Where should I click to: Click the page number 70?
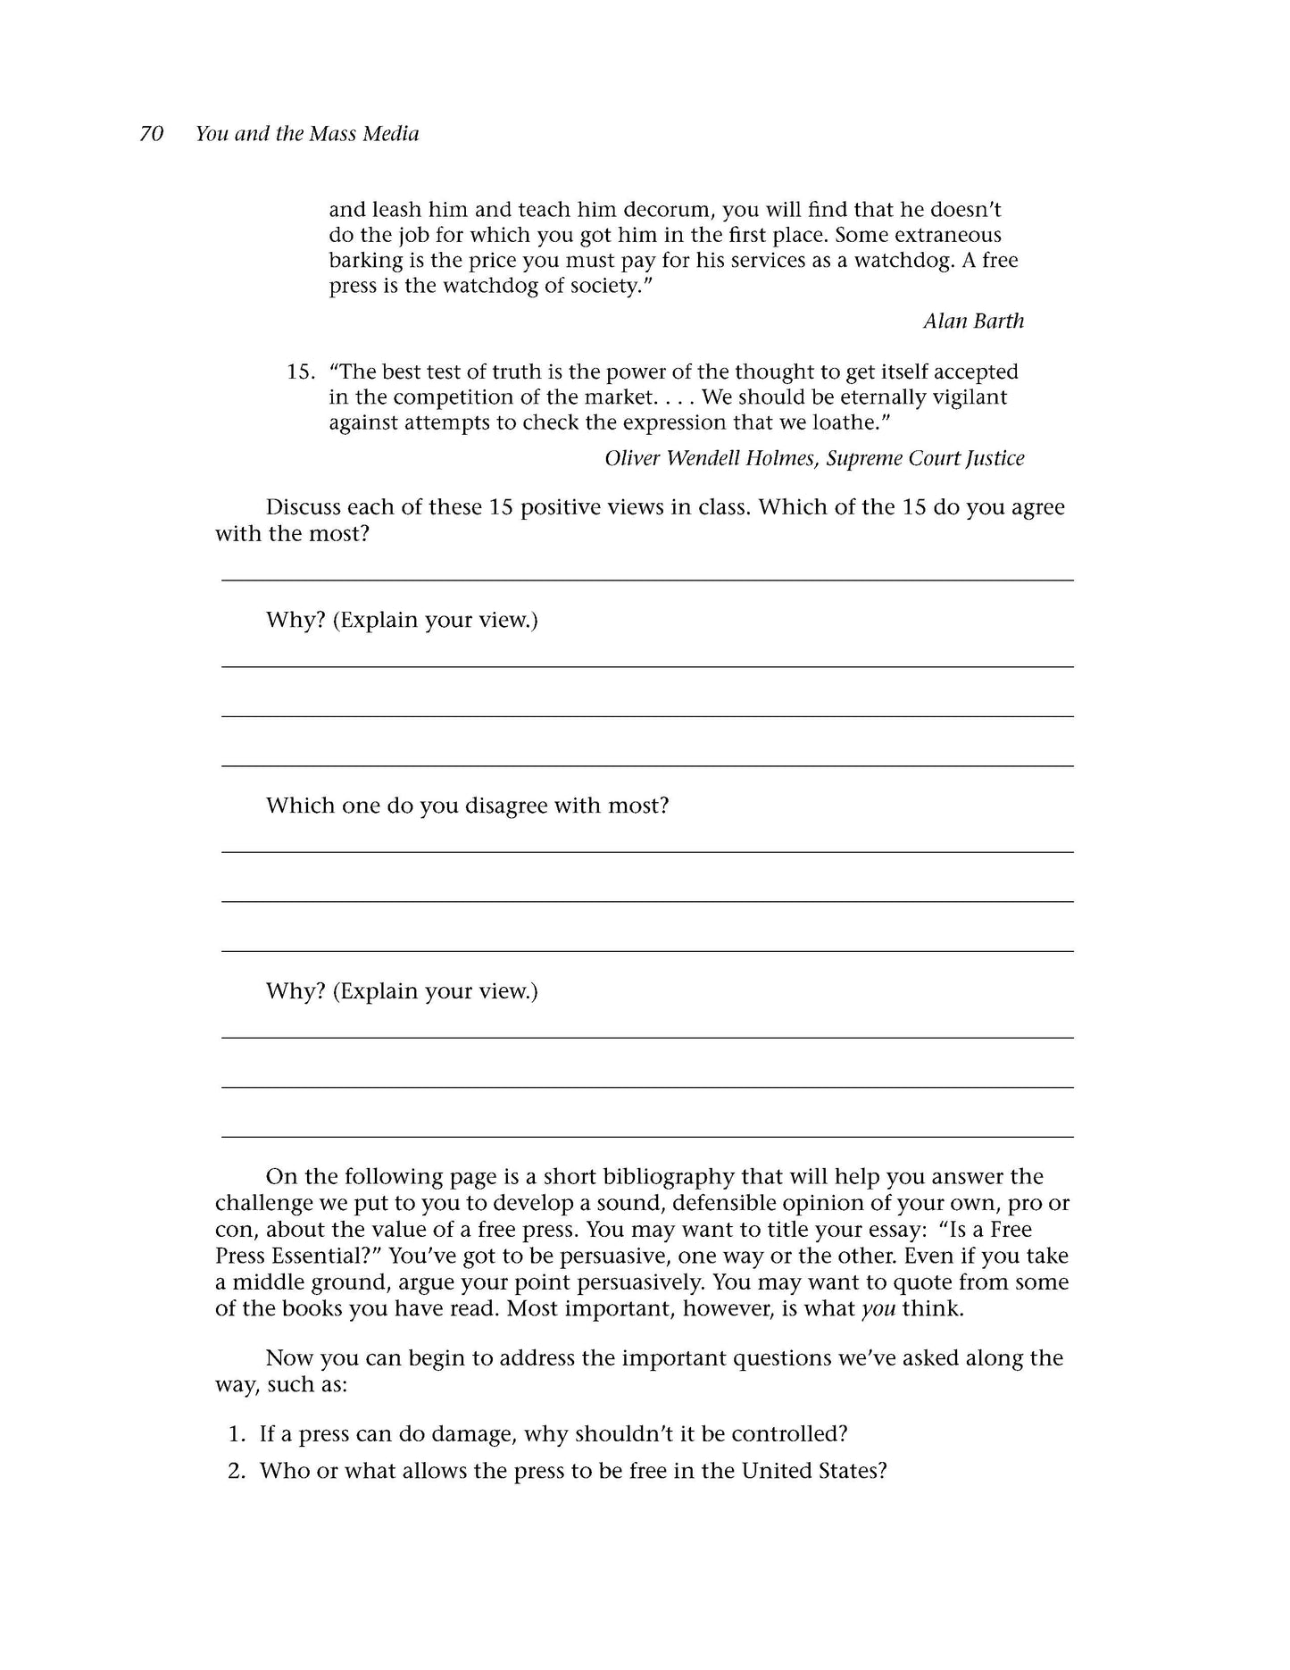[x=152, y=134]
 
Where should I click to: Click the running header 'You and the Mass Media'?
[x=307, y=134]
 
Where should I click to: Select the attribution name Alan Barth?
[x=973, y=321]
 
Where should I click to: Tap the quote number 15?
[x=300, y=372]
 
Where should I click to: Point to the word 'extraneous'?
[x=947, y=236]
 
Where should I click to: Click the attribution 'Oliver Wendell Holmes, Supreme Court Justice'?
[x=814, y=458]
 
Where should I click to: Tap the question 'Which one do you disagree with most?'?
[x=467, y=806]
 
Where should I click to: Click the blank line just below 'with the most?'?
[x=646, y=579]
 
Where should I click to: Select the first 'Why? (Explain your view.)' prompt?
[x=402, y=620]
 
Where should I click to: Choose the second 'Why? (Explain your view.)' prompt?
[x=402, y=991]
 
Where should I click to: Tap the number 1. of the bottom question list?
[x=237, y=1434]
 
